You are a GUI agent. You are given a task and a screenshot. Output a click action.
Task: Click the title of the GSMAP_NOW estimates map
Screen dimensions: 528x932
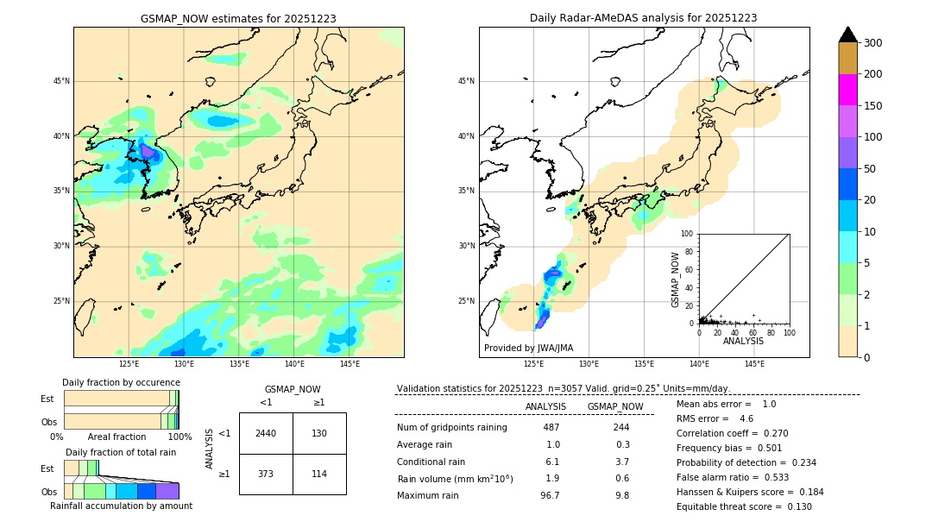pyautogui.click(x=238, y=18)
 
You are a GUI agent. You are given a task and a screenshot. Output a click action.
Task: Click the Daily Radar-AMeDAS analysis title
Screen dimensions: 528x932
pyautogui.click(x=643, y=18)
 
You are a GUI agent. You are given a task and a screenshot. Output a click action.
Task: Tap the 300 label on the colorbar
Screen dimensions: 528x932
pyautogui.click(x=872, y=42)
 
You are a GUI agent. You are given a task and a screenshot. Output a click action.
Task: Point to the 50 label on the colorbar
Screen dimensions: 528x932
pyautogui.click(x=869, y=169)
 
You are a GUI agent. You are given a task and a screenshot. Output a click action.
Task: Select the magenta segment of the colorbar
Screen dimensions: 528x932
pyautogui.click(x=847, y=90)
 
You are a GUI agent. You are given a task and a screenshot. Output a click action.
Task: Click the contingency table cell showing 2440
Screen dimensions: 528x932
pyautogui.click(x=266, y=433)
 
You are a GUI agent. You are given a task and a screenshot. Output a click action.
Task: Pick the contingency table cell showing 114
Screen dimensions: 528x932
pyautogui.click(x=319, y=474)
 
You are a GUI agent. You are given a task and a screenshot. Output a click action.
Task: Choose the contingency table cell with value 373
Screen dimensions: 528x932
pyautogui.click(x=266, y=474)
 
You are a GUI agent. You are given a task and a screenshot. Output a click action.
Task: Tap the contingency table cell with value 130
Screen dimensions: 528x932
pyautogui.click(x=319, y=433)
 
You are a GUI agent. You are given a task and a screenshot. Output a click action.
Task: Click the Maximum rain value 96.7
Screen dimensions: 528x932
pyautogui.click(x=550, y=495)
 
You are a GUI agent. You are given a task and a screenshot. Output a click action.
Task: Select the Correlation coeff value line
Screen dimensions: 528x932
pyautogui.click(x=732, y=433)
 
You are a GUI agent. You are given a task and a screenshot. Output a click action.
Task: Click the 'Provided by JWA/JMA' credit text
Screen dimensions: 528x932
pyautogui.click(x=528, y=348)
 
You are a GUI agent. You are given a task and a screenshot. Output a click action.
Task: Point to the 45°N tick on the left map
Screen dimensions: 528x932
pyautogui.click(x=61, y=81)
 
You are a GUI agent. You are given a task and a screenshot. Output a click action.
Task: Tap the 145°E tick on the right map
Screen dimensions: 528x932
pyautogui.click(x=754, y=364)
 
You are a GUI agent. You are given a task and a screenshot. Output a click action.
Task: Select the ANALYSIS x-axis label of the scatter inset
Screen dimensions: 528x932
pyautogui.click(x=743, y=341)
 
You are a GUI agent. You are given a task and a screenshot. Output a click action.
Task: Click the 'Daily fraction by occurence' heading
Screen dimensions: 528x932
pyautogui.click(x=119, y=382)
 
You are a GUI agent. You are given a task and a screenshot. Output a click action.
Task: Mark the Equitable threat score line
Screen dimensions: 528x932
pyautogui.click(x=744, y=506)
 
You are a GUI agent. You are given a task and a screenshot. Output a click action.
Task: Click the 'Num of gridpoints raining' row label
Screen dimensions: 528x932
pyautogui.click(x=451, y=427)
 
